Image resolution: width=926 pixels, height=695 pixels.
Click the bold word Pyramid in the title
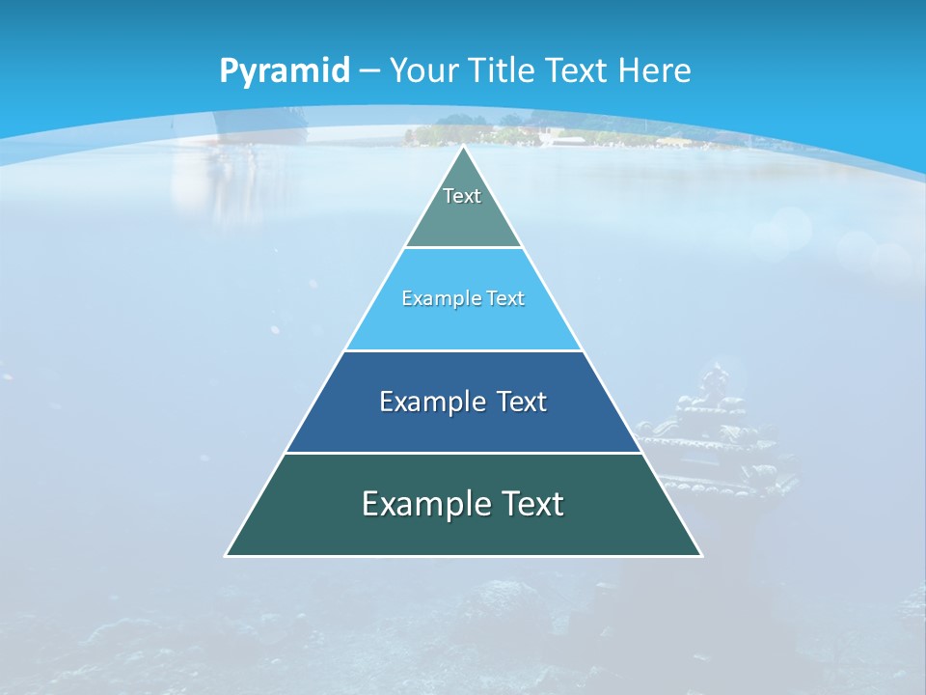coord(285,71)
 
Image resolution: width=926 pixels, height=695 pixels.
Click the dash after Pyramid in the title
coord(369,71)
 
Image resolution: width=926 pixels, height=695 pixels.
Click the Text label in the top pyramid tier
coord(462,196)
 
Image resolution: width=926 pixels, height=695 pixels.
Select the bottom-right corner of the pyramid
coord(700,555)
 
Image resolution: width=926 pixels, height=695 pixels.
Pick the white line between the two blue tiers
coord(464,350)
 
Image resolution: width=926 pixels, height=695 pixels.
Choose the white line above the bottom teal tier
coord(464,453)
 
